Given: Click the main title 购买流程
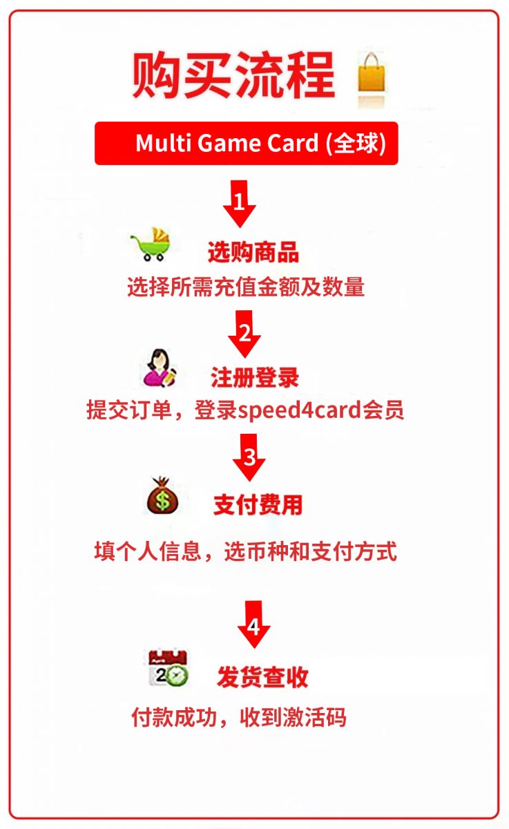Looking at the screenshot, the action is [x=234, y=75].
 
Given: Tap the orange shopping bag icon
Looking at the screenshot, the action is [x=371, y=73].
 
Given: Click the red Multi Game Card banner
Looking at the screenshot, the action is [x=247, y=143].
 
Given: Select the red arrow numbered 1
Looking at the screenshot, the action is [x=240, y=204].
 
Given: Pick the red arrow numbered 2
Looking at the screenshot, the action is [x=244, y=334].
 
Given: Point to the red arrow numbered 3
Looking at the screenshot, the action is [x=249, y=457].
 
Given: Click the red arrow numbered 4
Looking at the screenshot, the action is [x=253, y=625].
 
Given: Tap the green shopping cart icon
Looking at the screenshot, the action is [x=151, y=245].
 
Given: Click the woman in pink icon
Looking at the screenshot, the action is [x=160, y=368].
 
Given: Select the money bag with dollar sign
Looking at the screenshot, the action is [x=162, y=495].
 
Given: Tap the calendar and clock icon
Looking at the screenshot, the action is [x=169, y=667].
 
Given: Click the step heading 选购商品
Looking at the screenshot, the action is [x=253, y=252].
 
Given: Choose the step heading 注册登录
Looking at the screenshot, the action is [x=255, y=378].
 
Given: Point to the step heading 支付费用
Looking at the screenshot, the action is [x=258, y=505].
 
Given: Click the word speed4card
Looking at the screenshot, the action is [x=299, y=410].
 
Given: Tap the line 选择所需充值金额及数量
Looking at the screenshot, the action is [x=246, y=287].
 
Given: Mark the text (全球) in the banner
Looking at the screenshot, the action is [x=356, y=143].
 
